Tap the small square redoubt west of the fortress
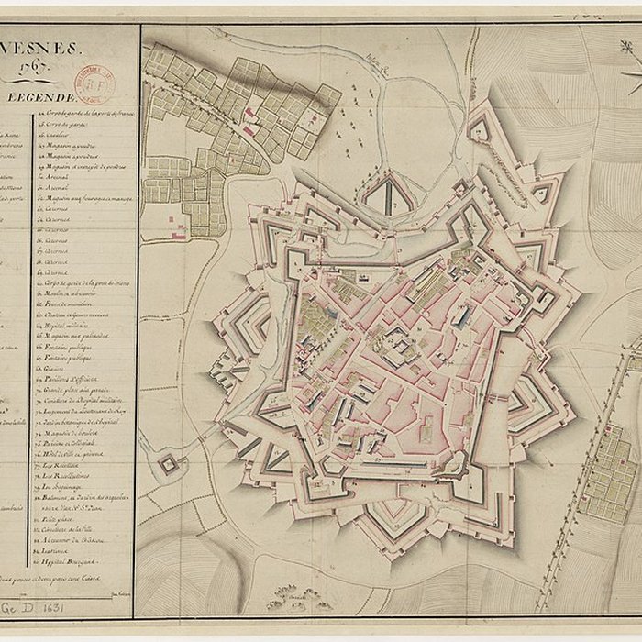click(x=167, y=464)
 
